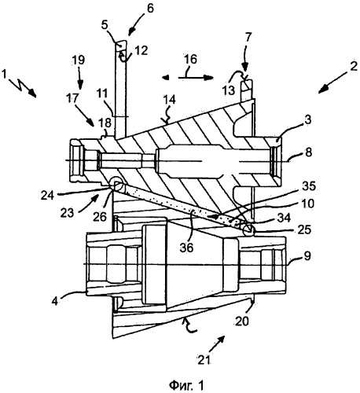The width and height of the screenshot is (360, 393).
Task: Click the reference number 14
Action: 169,100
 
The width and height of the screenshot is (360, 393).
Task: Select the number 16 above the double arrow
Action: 190,59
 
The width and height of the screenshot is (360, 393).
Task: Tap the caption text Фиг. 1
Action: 186,385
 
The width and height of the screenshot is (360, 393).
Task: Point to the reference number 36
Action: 186,248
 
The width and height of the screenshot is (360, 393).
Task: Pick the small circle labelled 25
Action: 248,230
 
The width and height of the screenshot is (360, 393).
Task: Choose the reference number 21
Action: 204,360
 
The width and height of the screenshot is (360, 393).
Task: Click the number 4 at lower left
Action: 55,302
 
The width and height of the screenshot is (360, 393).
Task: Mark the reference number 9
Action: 307,255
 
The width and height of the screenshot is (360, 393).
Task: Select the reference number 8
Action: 309,152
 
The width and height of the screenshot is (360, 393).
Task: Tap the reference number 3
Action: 308,120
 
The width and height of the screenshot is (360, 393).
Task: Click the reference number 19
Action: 79,61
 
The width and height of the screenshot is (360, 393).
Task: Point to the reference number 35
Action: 309,186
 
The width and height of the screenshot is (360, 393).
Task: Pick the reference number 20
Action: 241,321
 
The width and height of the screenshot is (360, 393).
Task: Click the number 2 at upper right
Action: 354,66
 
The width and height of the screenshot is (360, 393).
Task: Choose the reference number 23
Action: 68,213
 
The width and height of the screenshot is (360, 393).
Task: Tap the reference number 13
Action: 229,91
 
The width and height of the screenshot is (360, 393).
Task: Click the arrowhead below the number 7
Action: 245,75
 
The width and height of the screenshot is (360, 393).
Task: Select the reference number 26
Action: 100,217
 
